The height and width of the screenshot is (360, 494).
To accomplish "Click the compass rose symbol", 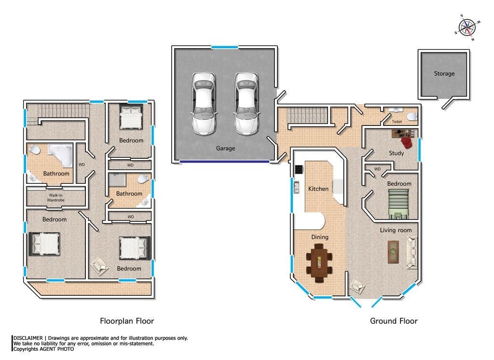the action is (467, 28).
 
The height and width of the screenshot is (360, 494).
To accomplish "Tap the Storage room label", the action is (444, 73).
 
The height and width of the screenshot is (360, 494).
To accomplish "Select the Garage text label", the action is (225, 148).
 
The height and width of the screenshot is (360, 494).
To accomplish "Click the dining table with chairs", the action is (319, 263).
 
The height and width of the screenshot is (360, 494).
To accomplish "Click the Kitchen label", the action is (318, 189).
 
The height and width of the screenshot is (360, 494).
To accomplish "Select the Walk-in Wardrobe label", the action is (56, 198).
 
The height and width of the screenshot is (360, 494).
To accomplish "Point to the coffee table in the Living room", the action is (393, 251).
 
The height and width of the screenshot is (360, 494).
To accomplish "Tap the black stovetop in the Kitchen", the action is (299, 169).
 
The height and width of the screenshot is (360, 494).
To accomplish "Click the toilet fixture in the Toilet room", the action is (412, 117).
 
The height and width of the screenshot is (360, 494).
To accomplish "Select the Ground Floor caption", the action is (394, 321).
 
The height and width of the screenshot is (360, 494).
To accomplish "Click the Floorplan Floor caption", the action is (127, 321).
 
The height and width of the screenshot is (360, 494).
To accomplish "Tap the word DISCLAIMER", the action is (28, 338).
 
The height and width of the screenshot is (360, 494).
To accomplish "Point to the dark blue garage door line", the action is (225, 161).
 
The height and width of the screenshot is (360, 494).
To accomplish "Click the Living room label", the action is (396, 230).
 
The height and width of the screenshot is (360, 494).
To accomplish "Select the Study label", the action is (397, 153).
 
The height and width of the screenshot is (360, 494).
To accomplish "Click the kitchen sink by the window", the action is (296, 187).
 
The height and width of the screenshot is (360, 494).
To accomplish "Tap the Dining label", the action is (320, 237).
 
